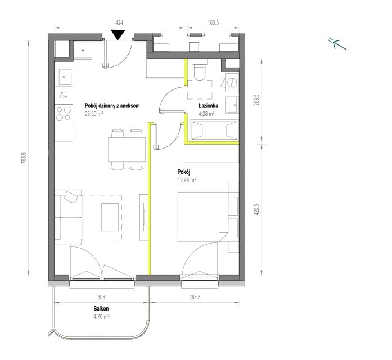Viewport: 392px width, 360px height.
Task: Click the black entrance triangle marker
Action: pos(118,35)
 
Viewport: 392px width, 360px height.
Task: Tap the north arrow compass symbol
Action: pos(337,44)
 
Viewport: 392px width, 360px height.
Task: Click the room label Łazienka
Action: pos(208,106)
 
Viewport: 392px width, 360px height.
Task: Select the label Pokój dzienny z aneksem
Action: pos(112,106)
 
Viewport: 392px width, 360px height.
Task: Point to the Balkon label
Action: pos(101,308)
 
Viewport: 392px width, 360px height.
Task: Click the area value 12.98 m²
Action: pos(187,180)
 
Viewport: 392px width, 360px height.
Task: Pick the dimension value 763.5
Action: pos(23,158)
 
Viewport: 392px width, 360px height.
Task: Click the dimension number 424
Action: pos(119,22)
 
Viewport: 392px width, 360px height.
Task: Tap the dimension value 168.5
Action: pos(213,22)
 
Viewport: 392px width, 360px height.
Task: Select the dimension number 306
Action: pos(101,297)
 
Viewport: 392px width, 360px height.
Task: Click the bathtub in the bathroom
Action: pos(214,130)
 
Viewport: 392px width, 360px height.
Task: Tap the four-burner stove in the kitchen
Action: pos(64,114)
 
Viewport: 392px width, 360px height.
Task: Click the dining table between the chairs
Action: pos(127,150)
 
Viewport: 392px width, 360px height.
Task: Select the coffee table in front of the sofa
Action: pos(110,217)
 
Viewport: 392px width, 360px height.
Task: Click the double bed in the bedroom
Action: pos(203,217)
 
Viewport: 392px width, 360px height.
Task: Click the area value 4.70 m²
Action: pos(101,317)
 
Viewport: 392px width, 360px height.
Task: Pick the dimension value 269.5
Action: pos(257,100)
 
